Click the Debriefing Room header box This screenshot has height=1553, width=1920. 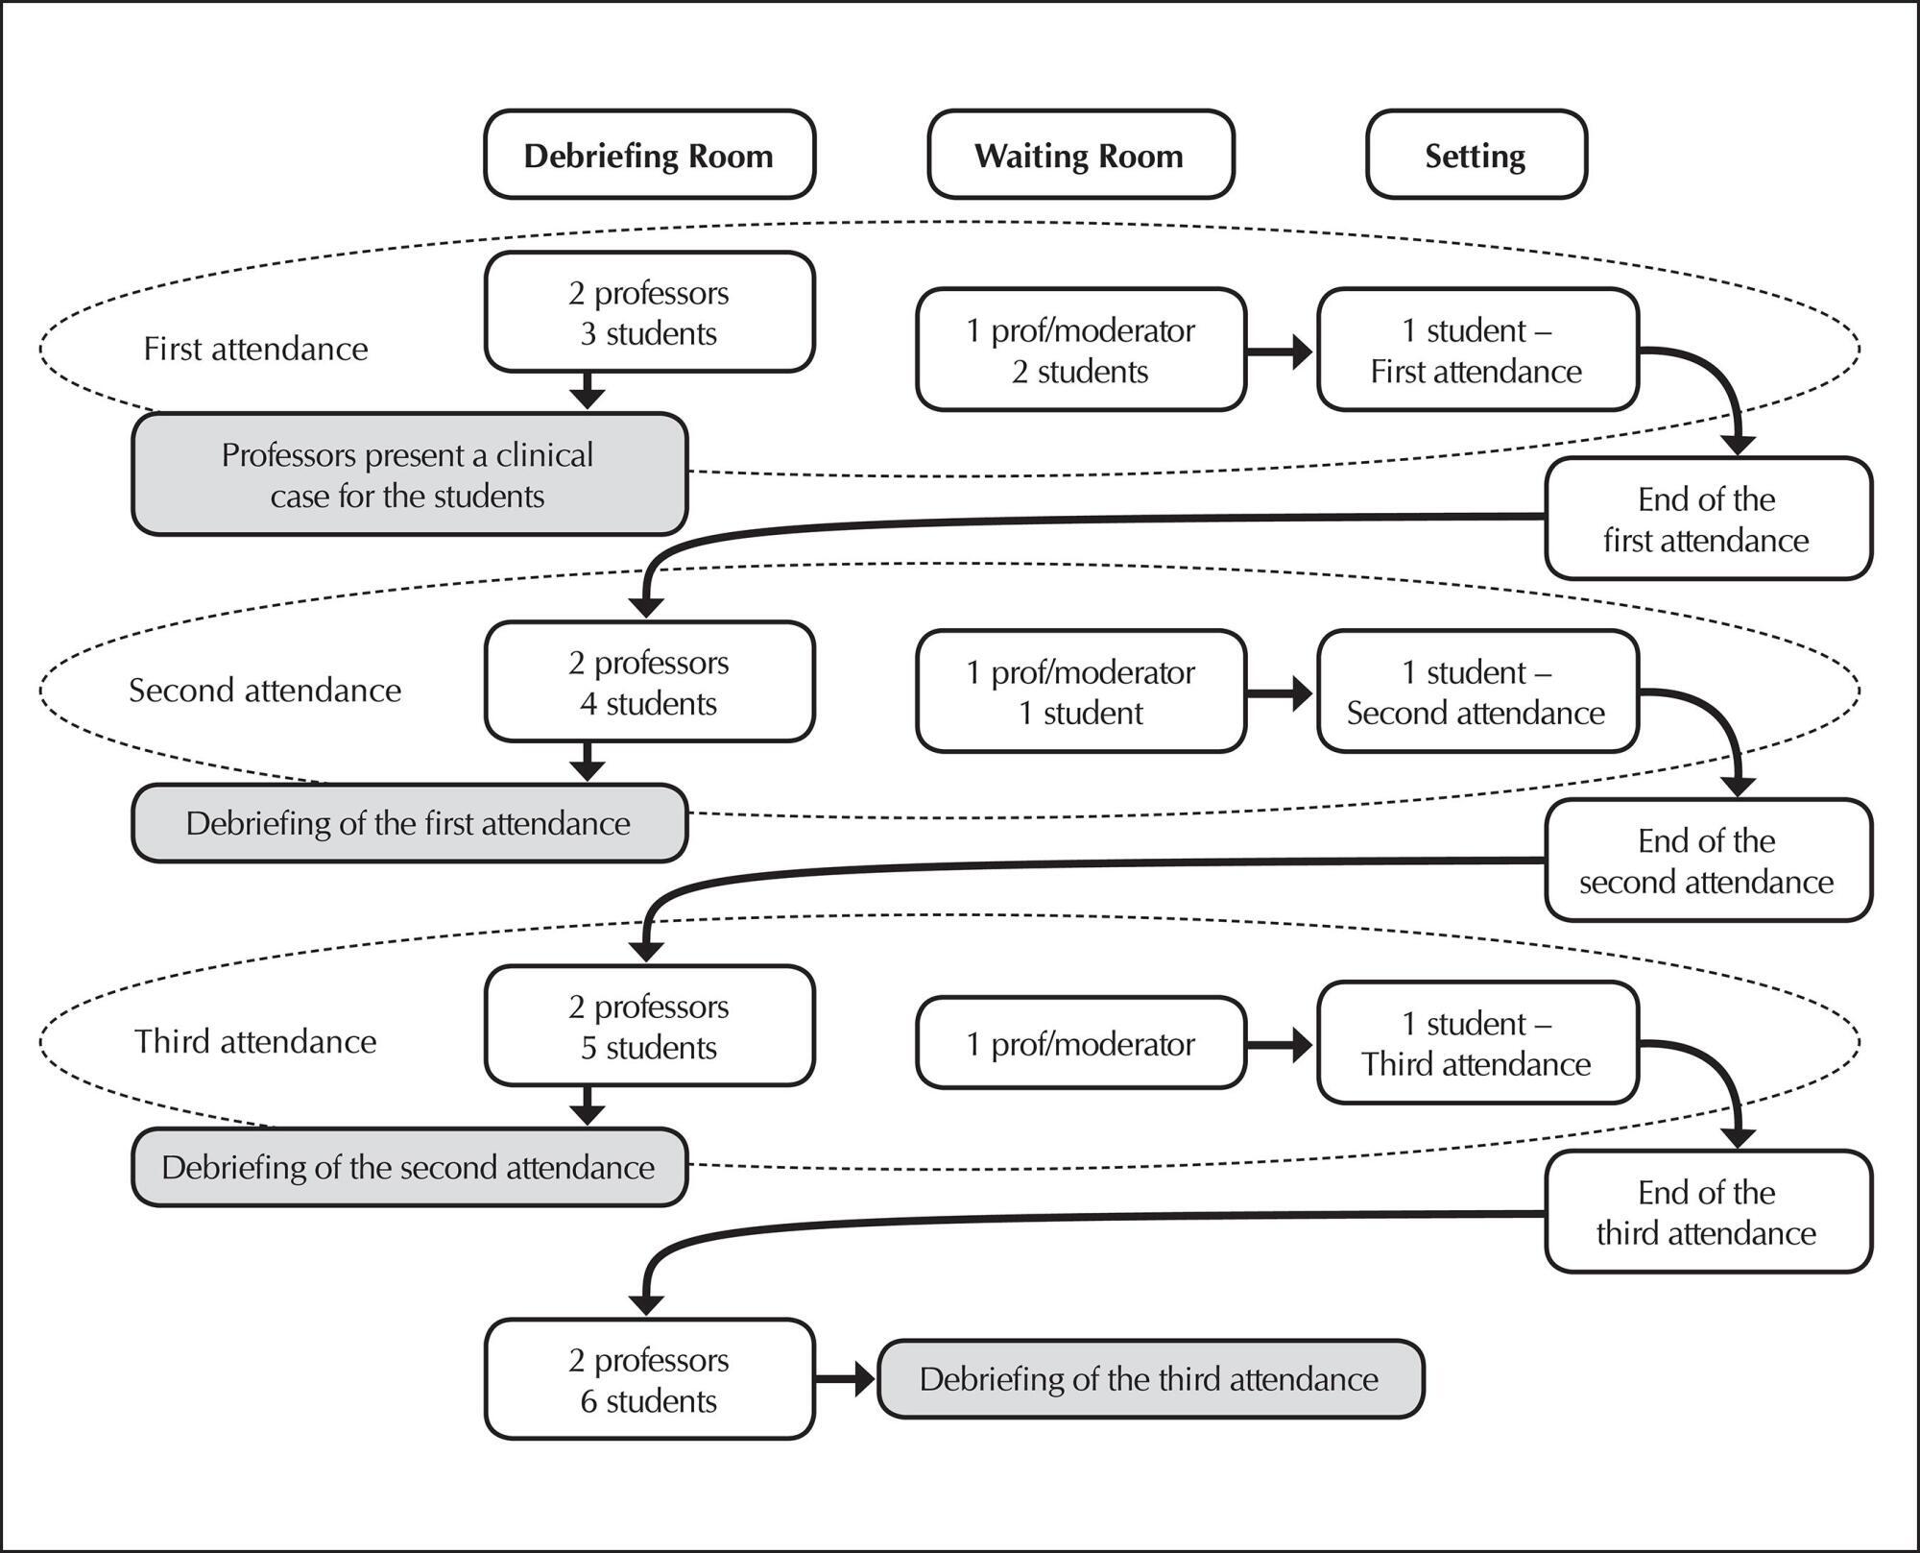pyautogui.click(x=649, y=155)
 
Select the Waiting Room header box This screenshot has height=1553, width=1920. pyautogui.click(x=1080, y=155)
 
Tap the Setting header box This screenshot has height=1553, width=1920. pyautogui.click(x=1476, y=155)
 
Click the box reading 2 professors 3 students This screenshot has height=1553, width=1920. pyautogui.click(x=649, y=312)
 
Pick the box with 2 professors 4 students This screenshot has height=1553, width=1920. pyautogui.click(x=649, y=682)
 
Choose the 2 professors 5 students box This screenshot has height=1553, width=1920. pyautogui.click(x=649, y=1026)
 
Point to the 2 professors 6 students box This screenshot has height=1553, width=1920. pyautogui.click(x=649, y=1379)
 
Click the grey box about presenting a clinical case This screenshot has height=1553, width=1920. pyautogui.click(x=409, y=474)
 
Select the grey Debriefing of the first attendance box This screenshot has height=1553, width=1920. pyautogui.click(x=409, y=823)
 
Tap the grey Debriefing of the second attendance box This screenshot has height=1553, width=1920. pyautogui.click(x=409, y=1167)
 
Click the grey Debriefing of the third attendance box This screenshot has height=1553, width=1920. pyautogui.click(x=1150, y=1379)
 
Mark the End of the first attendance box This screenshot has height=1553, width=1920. pyautogui.click(x=1708, y=519)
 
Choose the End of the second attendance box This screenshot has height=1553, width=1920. pyautogui.click(x=1708, y=861)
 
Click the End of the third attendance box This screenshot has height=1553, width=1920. pyautogui.click(x=1708, y=1212)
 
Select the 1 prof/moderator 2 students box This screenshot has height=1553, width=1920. pyautogui.click(x=1081, y=350)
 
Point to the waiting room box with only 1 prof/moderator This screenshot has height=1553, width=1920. pyautogui.click(x=1081, y=1043)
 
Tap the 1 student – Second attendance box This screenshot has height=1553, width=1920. pyautogui.click(x=1477, y=692)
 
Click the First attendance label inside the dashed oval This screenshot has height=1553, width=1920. pyautogui.click(x=255, y=349)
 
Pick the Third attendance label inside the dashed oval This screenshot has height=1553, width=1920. pyautogui.click(x=255, y=1041)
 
